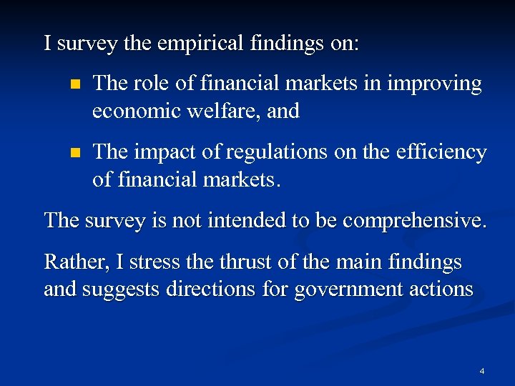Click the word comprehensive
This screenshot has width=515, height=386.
point(415,220)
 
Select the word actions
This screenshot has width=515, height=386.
point(441,289)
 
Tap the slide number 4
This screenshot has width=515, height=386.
point(482,371)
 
